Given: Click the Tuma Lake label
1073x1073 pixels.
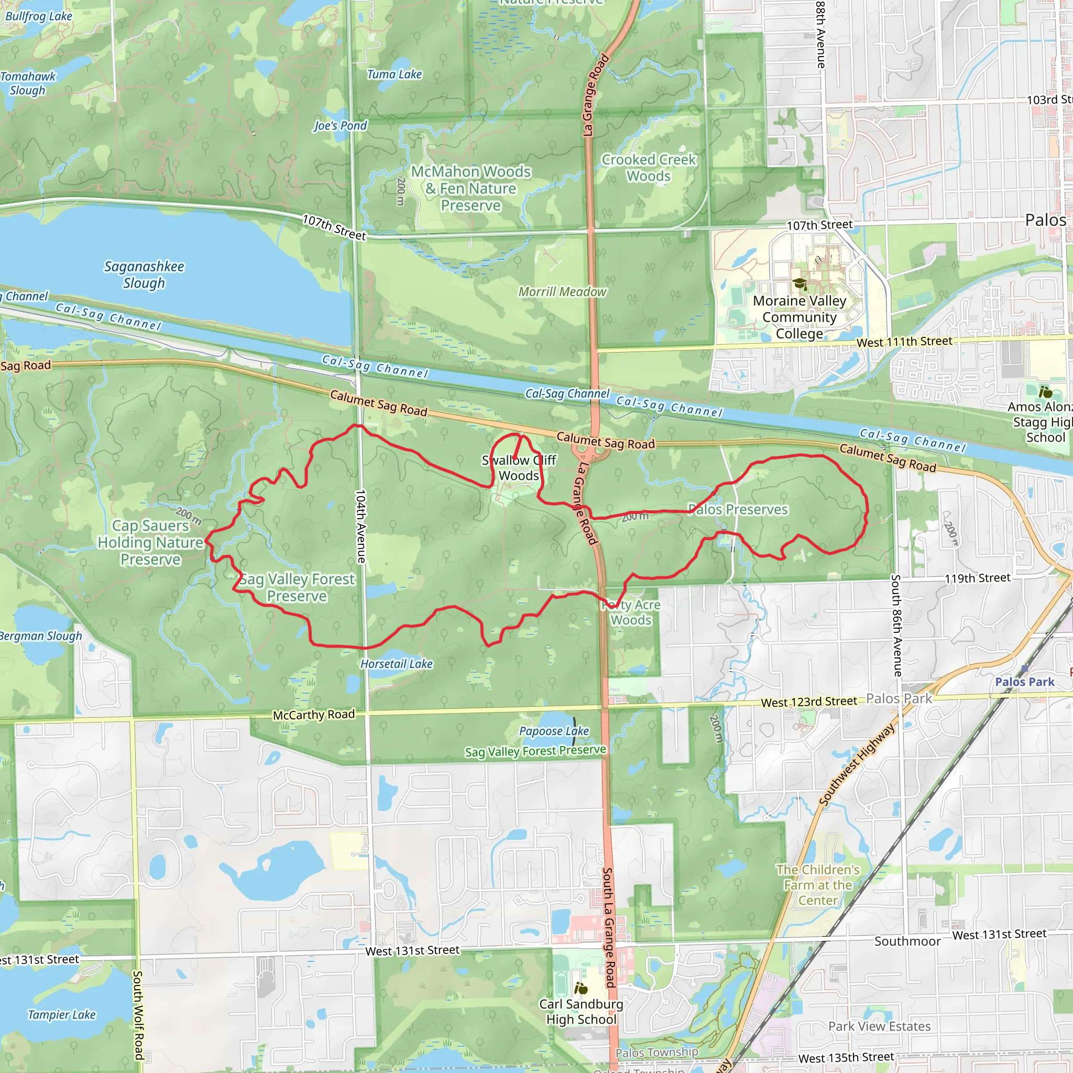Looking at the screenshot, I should coord(395,74).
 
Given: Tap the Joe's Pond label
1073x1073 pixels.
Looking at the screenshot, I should coord(340,126).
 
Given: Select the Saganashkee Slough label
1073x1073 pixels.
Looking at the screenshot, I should coord(144,275).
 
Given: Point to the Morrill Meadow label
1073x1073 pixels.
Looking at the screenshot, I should coord(562,292).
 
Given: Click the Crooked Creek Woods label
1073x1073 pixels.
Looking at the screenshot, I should coord(648,168).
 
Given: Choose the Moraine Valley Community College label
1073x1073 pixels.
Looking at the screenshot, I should coord(799,317).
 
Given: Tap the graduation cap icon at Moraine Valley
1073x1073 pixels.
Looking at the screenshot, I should coord(799,284).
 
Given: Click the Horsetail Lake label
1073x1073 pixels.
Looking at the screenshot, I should coord(396,664).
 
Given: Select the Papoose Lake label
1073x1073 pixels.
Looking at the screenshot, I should coord(554,731).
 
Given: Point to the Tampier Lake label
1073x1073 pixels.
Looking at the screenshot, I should coord(62,1015).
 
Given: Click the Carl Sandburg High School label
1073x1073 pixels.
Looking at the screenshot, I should coord(581,1011).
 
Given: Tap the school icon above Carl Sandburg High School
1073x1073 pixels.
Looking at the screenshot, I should coord(581,988).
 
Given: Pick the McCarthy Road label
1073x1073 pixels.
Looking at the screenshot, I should coord(313,715).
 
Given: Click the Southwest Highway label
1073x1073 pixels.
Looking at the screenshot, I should coord(857,764).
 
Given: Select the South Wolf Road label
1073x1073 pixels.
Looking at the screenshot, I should coord(137,1015).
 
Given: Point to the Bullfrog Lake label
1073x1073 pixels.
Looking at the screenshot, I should coord(38,16).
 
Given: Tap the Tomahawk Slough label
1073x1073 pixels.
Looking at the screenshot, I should coord(28,83).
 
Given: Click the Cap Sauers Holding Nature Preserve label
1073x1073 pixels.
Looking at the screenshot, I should coord(150,542).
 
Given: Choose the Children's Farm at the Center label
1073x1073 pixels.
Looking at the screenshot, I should coord(817,885).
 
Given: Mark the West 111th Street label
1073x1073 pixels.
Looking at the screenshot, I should coord(904,342).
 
